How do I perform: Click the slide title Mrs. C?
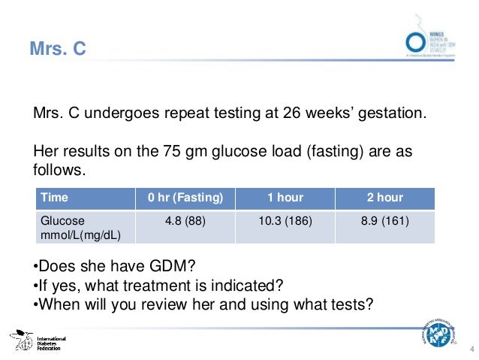[x=58, y=50]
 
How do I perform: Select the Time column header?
[x=54, y=198]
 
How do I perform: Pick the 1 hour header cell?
[x=285, y=198]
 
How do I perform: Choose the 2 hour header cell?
[x=385, y=198]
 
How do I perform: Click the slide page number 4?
[x=471, y=346]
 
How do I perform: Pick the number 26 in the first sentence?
[x=293, y=115]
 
